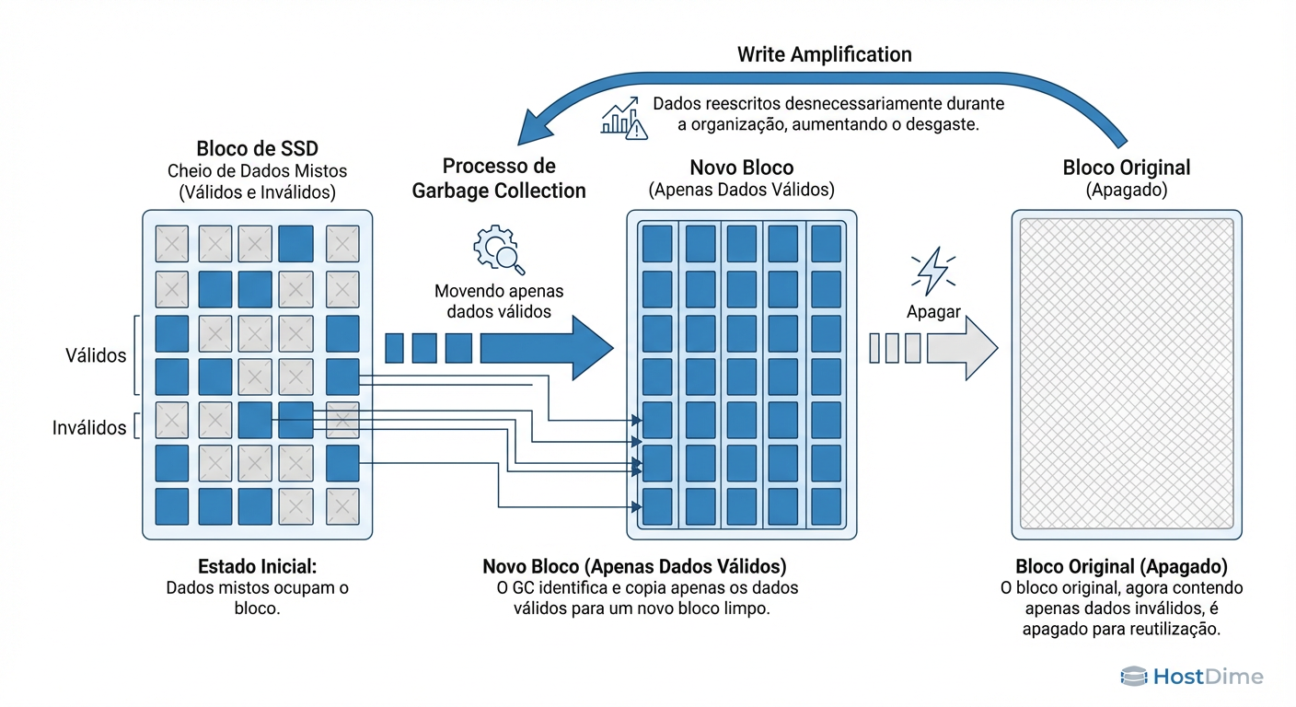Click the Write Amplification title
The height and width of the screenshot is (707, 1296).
pos(824,54)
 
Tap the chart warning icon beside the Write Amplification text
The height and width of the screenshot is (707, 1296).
pos(623,119)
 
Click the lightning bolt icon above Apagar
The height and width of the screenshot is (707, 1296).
pos(931,271)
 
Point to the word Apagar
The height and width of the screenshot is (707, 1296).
pos(932,311)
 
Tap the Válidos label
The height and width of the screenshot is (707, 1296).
pos(96,355)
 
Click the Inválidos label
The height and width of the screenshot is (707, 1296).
pos(89,427)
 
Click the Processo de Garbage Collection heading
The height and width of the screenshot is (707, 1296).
pos(499,179)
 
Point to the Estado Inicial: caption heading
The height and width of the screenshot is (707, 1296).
pos(257,566)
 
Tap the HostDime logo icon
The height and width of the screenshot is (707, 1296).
pos(1133,677)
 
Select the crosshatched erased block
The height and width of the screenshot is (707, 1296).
pos(1127,374)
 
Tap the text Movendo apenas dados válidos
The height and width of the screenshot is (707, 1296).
pos(498,301)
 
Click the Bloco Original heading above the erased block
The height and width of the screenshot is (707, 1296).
pos(1126,168)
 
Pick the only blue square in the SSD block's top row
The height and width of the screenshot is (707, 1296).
pos(295,244)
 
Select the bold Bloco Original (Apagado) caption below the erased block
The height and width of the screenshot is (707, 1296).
pos(1121,566)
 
